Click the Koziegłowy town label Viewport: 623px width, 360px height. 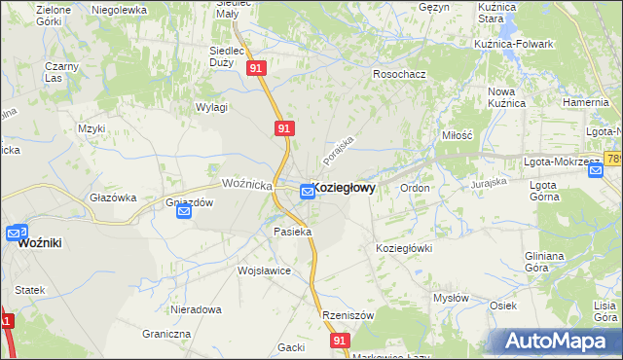[x=345, y=188]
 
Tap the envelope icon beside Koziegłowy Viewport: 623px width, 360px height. [x=308, y=192]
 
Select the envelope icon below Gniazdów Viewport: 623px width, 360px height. [x=185, y=212]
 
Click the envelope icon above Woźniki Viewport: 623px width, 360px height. [x=17, y=234]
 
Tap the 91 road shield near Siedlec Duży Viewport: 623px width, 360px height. [x=256, y=68]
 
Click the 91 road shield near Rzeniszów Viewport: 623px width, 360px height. [x=339, y=341]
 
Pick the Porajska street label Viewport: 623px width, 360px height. [x=339, y=149]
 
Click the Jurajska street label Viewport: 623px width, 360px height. [x=490, y=182]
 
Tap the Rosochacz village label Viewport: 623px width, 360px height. [x=400, y=74]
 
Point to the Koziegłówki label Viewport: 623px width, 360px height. [x=403, y=248]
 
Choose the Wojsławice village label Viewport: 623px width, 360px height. [x=264, y=270]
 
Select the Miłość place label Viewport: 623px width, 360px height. [x=457, y=136]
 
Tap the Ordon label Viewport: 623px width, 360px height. [x=415, y=188]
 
